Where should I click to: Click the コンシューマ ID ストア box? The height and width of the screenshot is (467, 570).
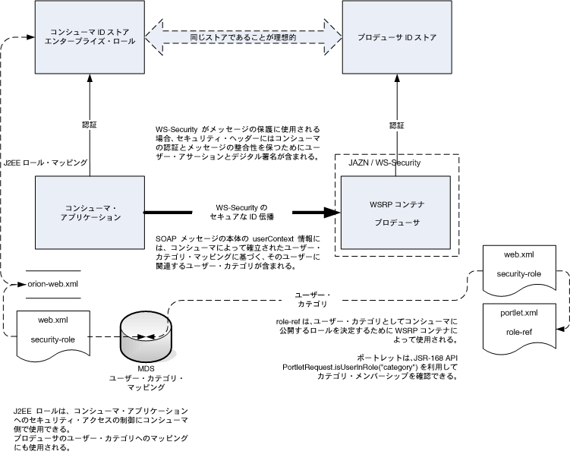click(90, 37)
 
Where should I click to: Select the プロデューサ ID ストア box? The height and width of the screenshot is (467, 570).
click(397, 37)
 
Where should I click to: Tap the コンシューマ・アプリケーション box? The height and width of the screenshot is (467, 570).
click(90, 213)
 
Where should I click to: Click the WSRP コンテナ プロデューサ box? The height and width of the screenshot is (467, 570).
click(395, 213)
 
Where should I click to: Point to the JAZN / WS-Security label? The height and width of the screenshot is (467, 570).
click(384, 163)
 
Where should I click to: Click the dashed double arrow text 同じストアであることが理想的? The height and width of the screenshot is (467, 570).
click(243, 37)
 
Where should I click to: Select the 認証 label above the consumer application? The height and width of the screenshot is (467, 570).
click(90, 125)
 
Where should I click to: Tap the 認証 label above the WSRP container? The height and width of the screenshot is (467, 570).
click(397, 125)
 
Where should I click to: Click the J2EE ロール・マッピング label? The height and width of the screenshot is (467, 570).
click(46, 163)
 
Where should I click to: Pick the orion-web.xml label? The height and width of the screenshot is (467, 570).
click(52, 284)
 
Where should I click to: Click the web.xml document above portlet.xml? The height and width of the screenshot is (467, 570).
click(519, 270)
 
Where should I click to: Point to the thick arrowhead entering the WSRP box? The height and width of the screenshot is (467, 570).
click(332, 213)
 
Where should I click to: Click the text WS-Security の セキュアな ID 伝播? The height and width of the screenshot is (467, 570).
click(242, 213)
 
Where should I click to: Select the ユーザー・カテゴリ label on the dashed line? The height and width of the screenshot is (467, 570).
click(312, 299)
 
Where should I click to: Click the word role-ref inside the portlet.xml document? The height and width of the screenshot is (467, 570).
click(518, 332)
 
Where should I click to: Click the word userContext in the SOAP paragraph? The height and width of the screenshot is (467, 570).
click(273, 239)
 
